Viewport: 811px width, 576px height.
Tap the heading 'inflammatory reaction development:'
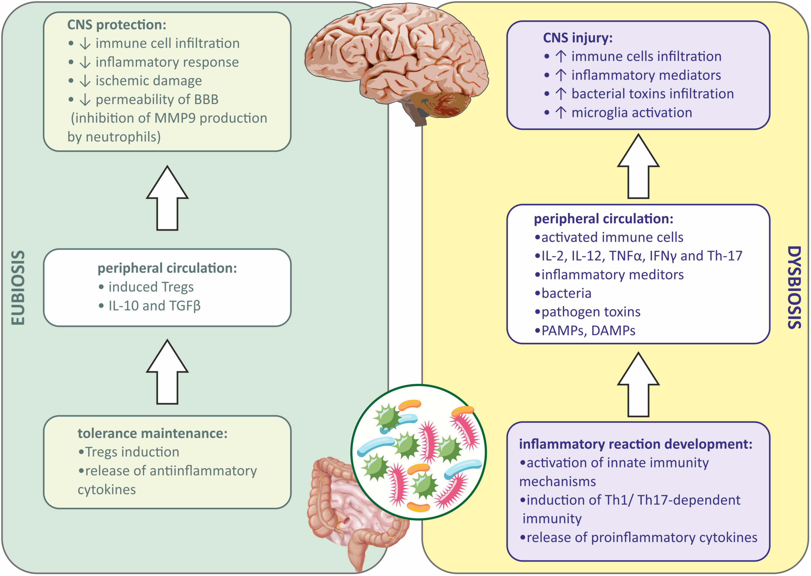pyautogui.click(x=635, y=444)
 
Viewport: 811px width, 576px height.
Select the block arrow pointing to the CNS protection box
pyautogui.click(x=167, y=199)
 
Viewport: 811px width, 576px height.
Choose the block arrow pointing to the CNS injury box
pyautogui.click(x=638, y=167)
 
